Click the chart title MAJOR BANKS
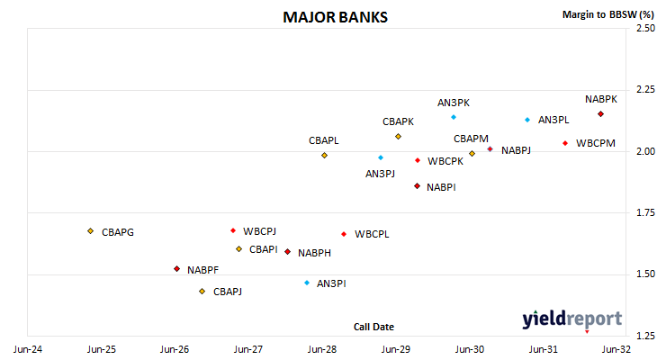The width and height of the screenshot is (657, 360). (x=335, y=17)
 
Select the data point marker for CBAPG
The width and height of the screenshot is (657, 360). (x=91, y=231)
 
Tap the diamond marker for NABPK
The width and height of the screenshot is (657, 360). (x=600, y=114)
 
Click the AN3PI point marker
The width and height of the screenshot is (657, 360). (x=307, y=283)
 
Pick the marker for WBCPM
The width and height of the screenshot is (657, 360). (x=565, y=143)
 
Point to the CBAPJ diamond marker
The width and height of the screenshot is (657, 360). (x=202, y=292)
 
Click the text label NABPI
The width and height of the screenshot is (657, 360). (x=441, y=187)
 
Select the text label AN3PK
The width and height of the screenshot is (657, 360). (x=454, y=103)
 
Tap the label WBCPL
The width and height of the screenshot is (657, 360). (x=372, y=234)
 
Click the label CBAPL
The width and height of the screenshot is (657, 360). (x=323, y=140)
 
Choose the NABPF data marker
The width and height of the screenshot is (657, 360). (x=176, y=268)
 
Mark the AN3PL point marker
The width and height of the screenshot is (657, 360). (x=527, y=120)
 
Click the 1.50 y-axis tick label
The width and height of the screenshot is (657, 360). (x=645, y=274)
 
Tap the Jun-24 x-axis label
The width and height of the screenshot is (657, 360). (x=28, y=349)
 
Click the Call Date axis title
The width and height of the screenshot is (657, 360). (x=373, y=327)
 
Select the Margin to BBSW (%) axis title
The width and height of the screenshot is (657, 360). (x=608, y=14)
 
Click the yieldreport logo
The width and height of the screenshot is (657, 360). (x=571, y=319)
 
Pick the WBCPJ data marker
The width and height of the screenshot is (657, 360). (x=233, y=230)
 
